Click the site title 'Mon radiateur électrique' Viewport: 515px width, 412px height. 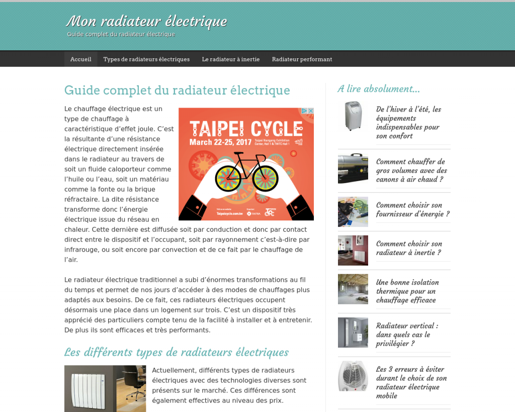point(146,22)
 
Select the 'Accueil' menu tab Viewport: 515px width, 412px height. point(80,59)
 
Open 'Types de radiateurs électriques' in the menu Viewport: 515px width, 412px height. point(146,59)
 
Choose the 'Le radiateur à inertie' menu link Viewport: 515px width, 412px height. point(231,59)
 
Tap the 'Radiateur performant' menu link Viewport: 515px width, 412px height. point(302,59)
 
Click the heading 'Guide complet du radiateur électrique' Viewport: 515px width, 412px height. point(177,91)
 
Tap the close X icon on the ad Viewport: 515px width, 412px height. point(311,111)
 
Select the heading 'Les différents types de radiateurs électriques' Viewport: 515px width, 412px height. point(177,352)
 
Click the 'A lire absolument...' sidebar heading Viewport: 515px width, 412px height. point(379,89)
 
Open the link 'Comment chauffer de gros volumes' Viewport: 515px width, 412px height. point(411,171)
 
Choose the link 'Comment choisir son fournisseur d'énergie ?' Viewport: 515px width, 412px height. point(412,209)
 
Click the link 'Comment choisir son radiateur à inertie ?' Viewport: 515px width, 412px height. point(409,248)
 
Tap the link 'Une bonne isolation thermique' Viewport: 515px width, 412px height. point(407,291)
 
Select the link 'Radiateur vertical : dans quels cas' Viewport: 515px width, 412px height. point(407,335)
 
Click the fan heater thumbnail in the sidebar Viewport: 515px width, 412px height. point(353,376)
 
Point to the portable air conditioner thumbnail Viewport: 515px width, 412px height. point(353,116)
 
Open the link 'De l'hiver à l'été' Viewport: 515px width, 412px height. point(408,122)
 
